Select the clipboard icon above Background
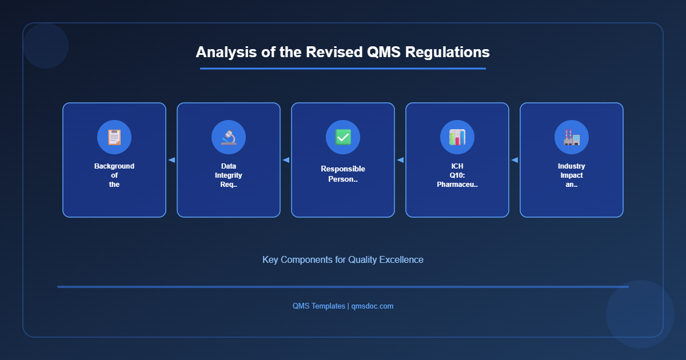click(x=114, y=137)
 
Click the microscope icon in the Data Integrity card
click(x=229, y=137)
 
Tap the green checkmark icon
click(x=343, y=137)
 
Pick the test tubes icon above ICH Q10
click(x=457, y=137)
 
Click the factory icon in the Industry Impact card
click(x=572, y=137)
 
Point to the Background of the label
click(x=114, y=175)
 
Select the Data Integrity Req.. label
click(x=229, y=175)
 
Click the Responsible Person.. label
click(x=343, y=174)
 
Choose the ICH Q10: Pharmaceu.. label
click(x=457, y=175)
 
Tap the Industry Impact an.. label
click(x=572, y=175)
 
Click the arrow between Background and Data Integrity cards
click(x=171, y=160)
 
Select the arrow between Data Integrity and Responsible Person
click(x=286, y=160)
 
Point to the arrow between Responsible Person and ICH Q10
click(x=400, y=160)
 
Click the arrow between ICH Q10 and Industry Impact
click(x=514, y=160)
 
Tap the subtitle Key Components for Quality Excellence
click(x=343, y=259)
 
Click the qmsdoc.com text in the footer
click(x=372, y=306)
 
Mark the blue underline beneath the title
click(x=343, y=69)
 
